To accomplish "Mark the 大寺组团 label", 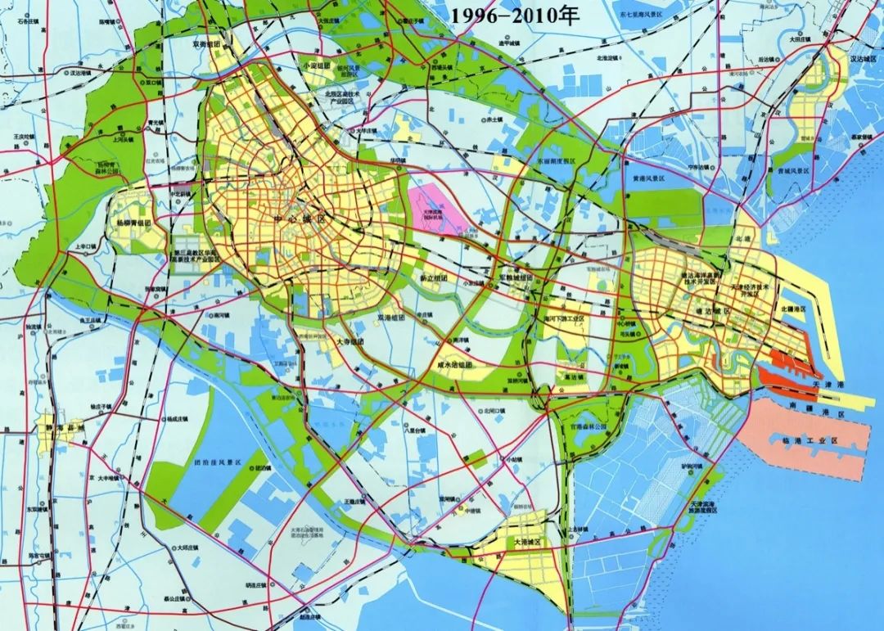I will (349, 340).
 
